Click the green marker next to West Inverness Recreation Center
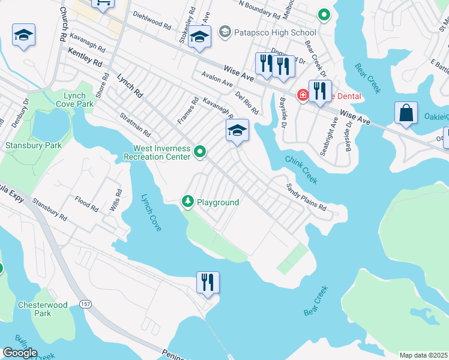[x=200, y=153]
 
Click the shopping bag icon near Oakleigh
[x=406, y=114]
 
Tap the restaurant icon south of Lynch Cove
[x=208, y=283]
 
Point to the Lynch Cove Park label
[x=79, y=100]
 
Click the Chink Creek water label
[x=301, y=170]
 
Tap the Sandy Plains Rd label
[x=306, y=197]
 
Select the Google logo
[x=20, y=353]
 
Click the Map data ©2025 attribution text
[x=423, y=355]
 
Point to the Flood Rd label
[x=86, y=203]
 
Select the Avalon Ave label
[x=217, y=80]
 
